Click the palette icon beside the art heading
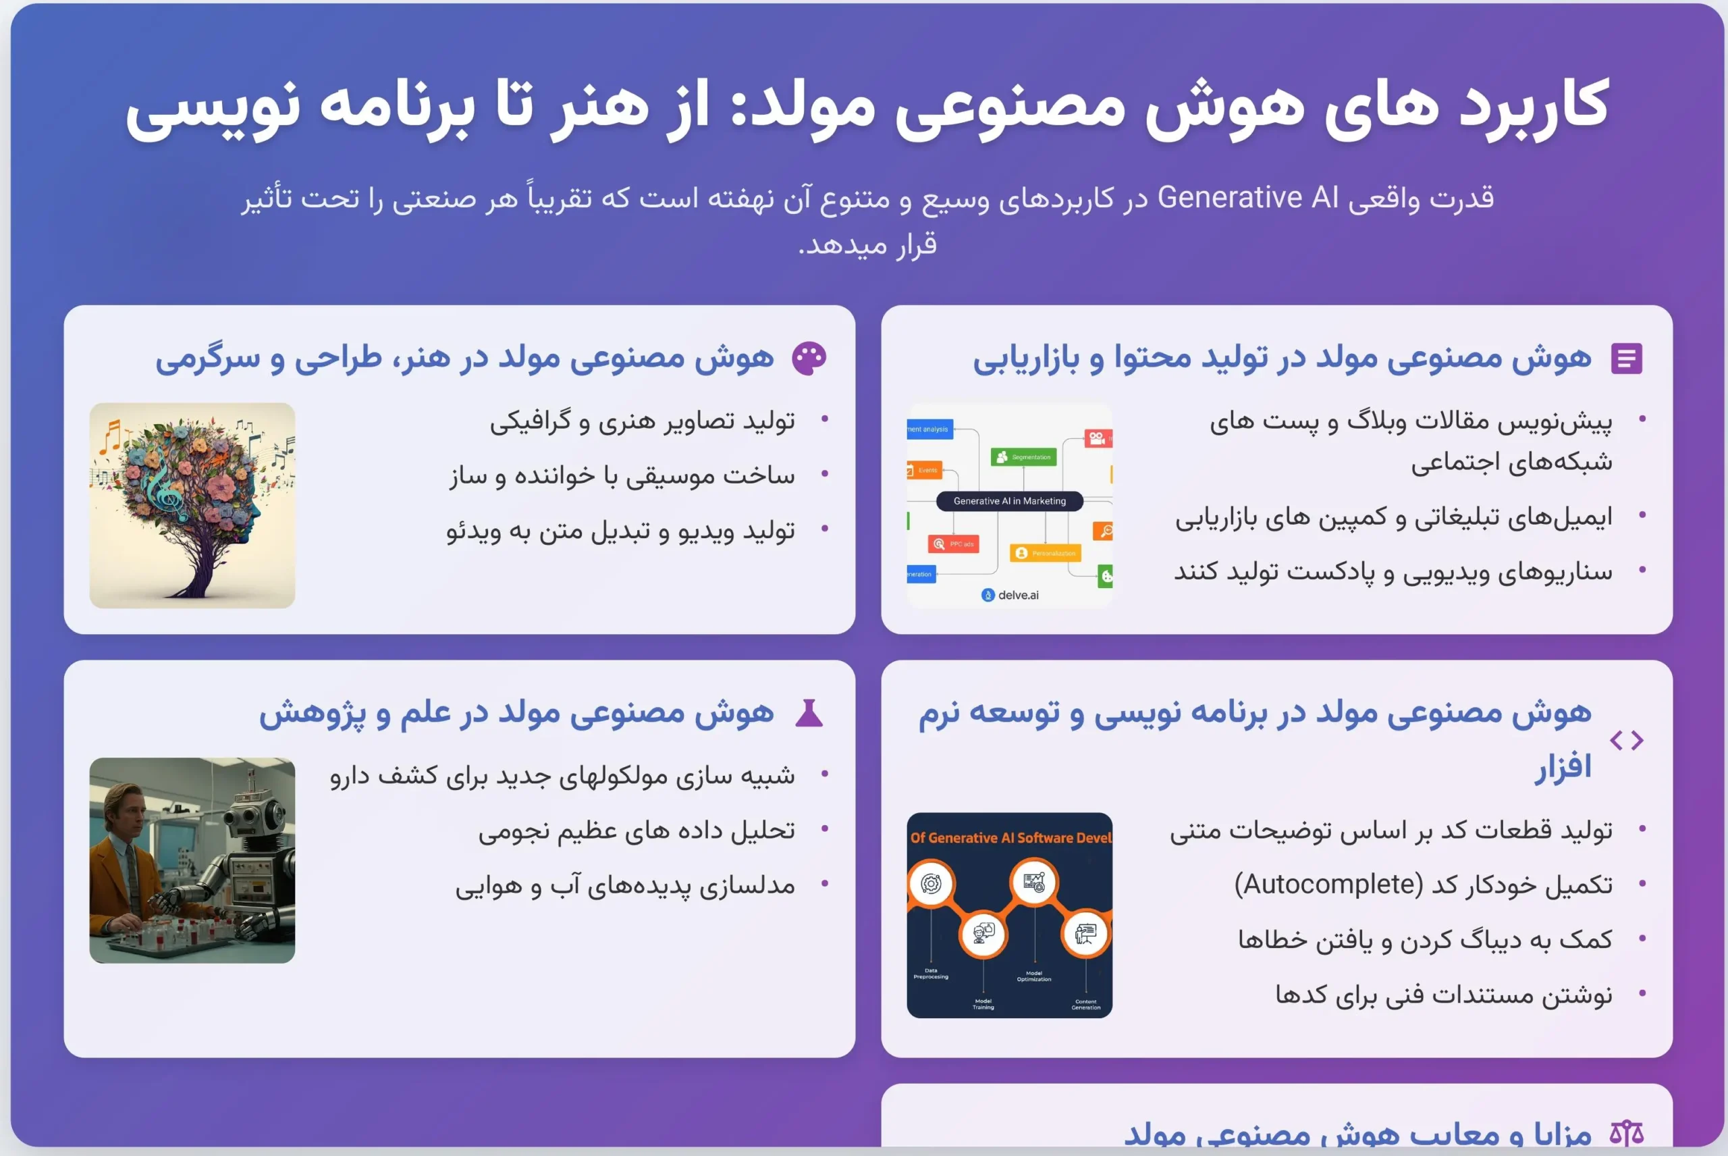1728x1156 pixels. [x=809, y=359]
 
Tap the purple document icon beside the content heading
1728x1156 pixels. [x=1625, y=359]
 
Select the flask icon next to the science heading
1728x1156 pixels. [x=809, y=714]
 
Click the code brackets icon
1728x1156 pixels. [x=1626, y=740]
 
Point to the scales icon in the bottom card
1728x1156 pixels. [x=1625, y=1133]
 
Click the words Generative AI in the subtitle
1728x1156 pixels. [x=1247, y=198]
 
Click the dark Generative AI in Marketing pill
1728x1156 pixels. [x=1009, y=501]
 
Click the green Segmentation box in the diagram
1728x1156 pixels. [x=1023, y=457]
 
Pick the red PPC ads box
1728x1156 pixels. [x=954, y=544]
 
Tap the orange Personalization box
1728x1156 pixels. [x=1045, y=553]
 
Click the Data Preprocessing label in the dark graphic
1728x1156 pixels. [x=931, y=973]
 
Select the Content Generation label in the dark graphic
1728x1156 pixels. [x=1085, y=1004]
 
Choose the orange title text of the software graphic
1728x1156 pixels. [x=1010, y=837]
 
